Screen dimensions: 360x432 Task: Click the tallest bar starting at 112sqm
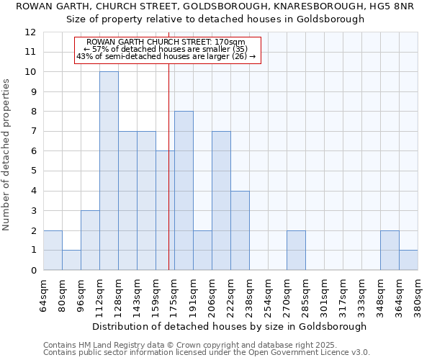click(x=109, y=171)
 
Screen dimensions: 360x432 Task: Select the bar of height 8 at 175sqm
click(x=184, y=191)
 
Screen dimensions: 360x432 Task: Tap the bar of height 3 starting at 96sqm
click(x=90, y=240)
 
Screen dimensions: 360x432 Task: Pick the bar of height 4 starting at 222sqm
click(x=240, y=230)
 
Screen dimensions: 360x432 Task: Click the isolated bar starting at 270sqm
click(x=296, y=251)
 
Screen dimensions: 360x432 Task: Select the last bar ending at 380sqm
click(x=408, y=260)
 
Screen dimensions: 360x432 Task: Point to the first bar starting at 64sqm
click(x=53, y=251)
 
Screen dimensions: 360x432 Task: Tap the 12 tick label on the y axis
click(x=30, y=32)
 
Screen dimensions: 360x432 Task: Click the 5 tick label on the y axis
click(x=33, y=171)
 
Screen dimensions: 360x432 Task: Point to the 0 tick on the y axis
click(x=33, y=271)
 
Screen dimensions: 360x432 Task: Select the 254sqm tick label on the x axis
click(x=268, y=294)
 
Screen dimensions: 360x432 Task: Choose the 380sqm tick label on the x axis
click(x=418, y=294)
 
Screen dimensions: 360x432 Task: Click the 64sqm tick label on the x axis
click(x=43, y=294)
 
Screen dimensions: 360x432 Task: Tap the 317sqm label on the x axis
click(x=343, y=294)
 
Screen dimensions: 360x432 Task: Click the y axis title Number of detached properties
click(x=7, y=155)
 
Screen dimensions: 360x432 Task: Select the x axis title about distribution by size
click(x=230, y=326)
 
